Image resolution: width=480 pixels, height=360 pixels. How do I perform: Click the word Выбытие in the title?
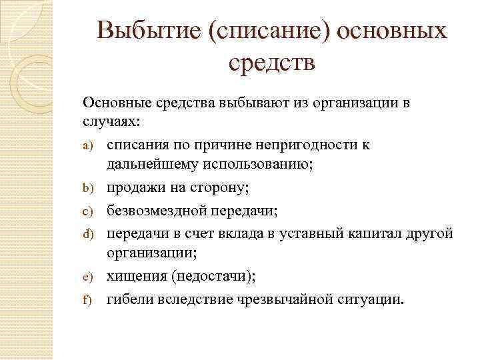click(149, 31)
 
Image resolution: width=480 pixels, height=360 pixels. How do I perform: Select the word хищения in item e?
click(135, 276)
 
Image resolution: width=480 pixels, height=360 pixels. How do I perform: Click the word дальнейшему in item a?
click(149, 167)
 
